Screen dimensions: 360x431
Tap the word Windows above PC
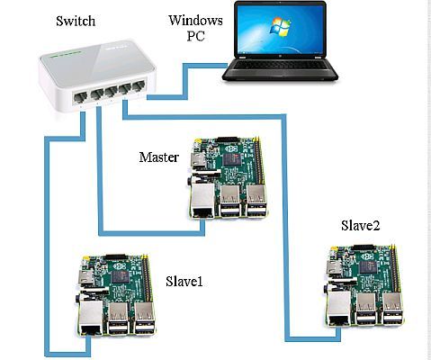click(195, 19)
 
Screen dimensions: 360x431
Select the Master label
click(158, 157)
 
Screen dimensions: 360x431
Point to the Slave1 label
click(184, 282)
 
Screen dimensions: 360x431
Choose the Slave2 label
click(360, 225)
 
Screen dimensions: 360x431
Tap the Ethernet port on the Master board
click(203, 202)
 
